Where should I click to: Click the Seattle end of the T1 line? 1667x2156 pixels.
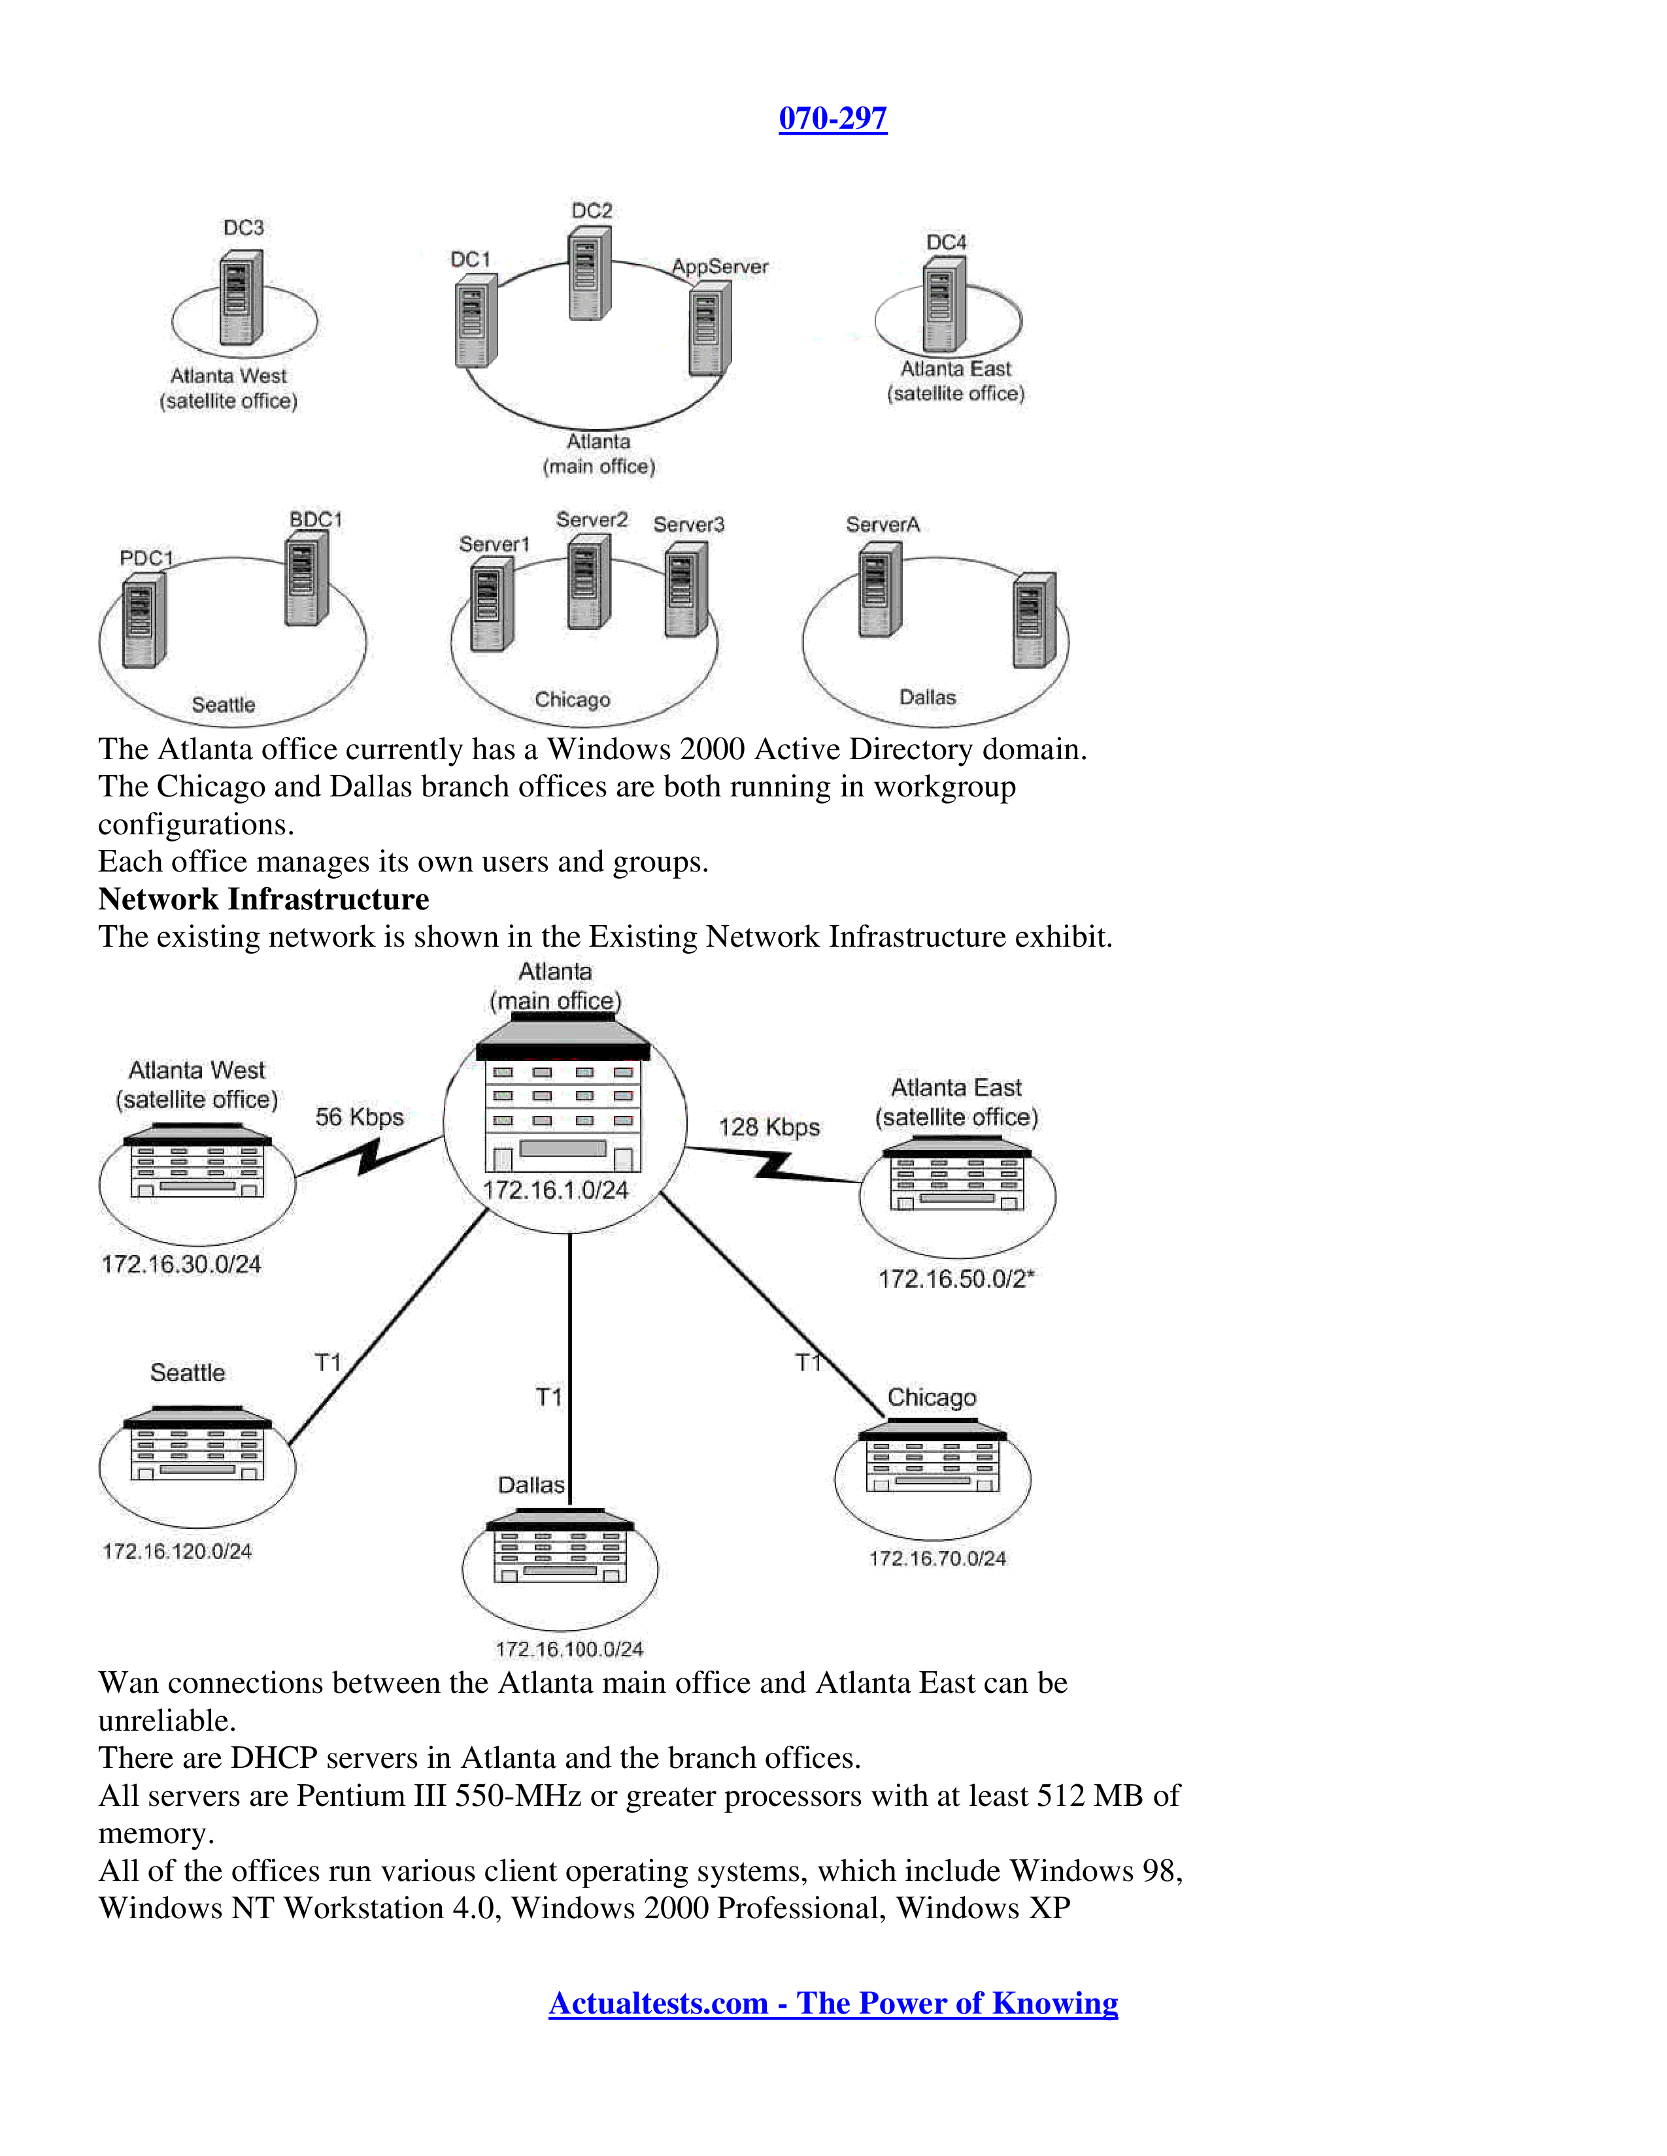coord(290,1445)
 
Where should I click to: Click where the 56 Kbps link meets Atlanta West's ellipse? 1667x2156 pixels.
coord(295,1177)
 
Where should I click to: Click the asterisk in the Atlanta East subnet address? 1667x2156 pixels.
coord(1030,1275)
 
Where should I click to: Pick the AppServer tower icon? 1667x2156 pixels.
coord(709,328)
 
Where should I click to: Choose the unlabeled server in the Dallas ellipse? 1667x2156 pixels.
coord(1034,620)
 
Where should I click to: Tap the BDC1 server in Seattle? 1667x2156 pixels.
coord(306,578)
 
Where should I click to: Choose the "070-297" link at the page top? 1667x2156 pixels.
coord(832,118)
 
